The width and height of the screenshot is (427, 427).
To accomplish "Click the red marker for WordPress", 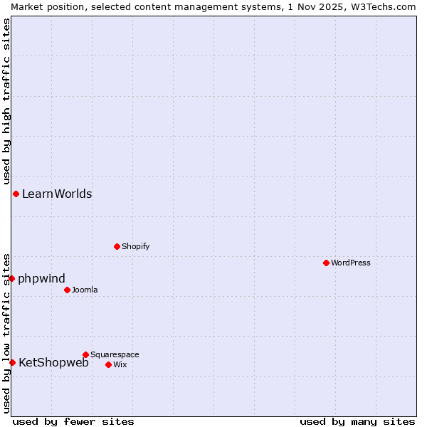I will tap(326, 263).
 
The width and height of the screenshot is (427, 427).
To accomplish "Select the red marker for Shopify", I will tap(117, 246).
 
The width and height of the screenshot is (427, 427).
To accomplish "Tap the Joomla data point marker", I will tap(67, 290).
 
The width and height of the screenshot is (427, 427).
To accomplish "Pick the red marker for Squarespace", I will tap(85, 354).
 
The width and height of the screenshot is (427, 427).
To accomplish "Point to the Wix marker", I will tap(108, 364).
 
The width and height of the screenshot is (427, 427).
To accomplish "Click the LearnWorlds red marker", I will tap(16, 194).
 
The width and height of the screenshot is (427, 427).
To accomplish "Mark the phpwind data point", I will tap(11, 278).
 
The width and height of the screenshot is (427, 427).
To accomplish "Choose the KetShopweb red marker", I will tap(12, 362).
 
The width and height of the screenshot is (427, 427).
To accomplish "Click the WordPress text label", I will tap(351, 263).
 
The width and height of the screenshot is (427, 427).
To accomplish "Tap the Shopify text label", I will tap(135, 246).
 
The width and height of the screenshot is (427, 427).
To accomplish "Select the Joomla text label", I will tap(85, 290).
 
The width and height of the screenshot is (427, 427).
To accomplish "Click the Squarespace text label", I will tap(115, 354).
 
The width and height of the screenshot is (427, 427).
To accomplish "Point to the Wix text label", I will tap(120, 364).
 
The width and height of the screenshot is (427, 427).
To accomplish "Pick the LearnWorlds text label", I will tap(57, 194).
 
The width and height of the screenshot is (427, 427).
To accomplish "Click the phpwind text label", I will tap(41, 278).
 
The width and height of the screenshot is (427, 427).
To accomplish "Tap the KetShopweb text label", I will tap(53, 362).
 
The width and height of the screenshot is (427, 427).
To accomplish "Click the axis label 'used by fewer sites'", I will tap(73, 421).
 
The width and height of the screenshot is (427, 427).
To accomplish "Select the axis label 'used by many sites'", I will tap(357, 421).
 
